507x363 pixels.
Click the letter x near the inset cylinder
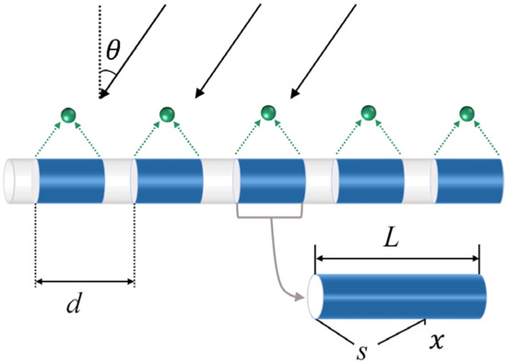click(x=438, y=339)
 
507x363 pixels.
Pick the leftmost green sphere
click(x=66, y=114)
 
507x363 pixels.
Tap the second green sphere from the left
click(x=167, y=114)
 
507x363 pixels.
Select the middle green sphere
click(x=267, y=113)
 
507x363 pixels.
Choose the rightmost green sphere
click(x=468, y=113)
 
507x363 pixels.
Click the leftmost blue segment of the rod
click(x=70, y=180)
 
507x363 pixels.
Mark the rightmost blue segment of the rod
click(x=469, y=180)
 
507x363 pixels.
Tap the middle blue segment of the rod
click(x=270, y=180)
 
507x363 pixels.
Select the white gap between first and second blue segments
click(x=119, y=180)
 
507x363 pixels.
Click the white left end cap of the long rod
click(x=18, y=180)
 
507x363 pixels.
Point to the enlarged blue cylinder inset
click(x=401, y=296)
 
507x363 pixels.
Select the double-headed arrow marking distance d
click(x=85, y=281)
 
